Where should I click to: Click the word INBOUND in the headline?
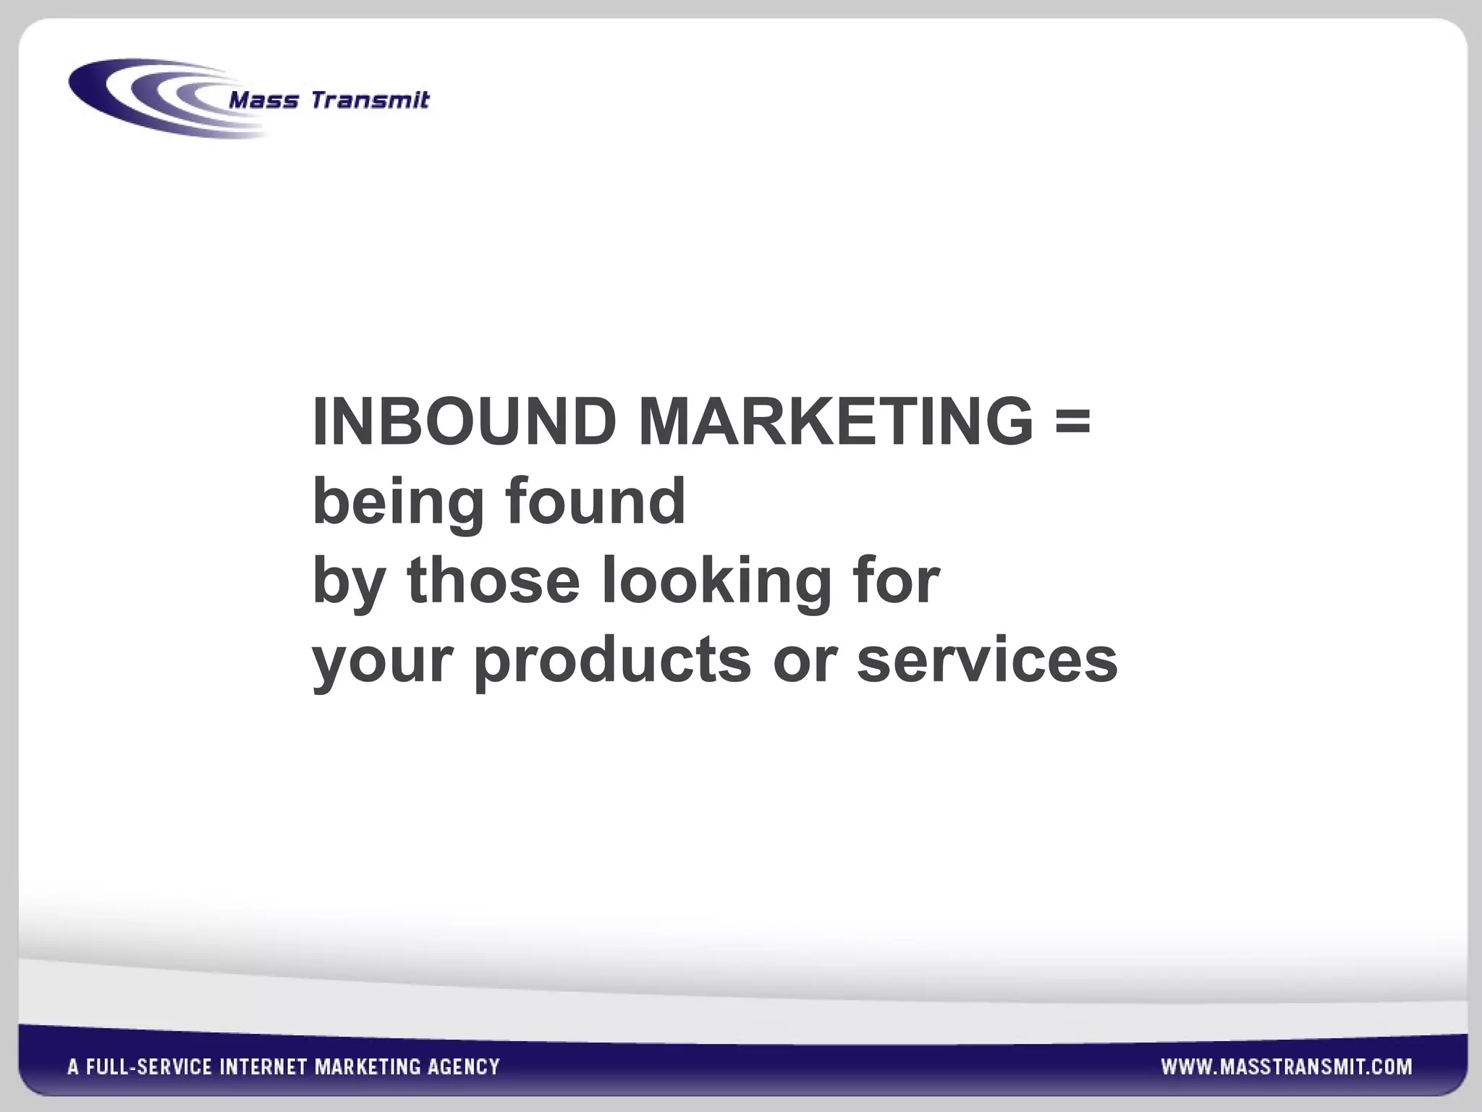464,422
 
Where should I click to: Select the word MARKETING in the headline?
836,422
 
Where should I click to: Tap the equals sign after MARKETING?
1072,421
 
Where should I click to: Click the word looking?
717,583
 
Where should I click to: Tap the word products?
612,662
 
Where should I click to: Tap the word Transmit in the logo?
370,100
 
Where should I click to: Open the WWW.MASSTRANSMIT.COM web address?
1287,1066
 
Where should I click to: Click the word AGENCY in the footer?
463,1066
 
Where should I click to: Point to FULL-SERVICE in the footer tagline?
149,1066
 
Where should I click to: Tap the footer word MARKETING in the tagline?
368,1066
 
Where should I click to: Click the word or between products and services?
805,661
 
